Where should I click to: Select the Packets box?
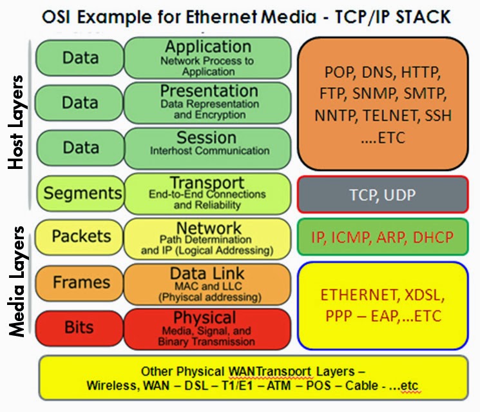point(80,237)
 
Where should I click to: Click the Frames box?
point(80,282)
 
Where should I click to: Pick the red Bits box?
point(80,328)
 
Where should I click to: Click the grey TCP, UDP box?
point(383,194)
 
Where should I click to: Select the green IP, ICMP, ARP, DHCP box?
point(383,237)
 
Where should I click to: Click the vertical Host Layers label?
point(17,122)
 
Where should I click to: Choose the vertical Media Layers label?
point(17,281)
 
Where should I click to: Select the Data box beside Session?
point(80,148)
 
